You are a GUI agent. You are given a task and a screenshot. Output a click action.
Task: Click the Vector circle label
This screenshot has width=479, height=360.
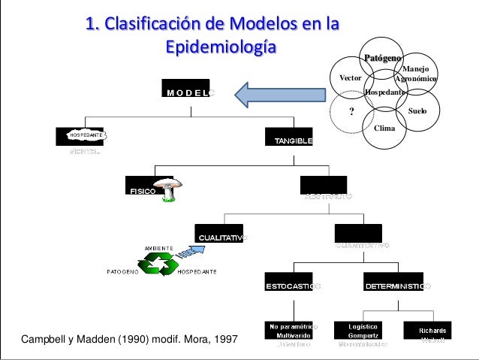coord(351,77)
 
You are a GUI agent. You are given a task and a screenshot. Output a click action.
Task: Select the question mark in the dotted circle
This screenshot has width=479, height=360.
coord(350,110)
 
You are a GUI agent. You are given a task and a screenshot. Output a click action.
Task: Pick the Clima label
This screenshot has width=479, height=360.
coord(384,128)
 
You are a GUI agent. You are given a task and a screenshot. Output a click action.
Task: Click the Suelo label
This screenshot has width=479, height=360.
coord(417,110)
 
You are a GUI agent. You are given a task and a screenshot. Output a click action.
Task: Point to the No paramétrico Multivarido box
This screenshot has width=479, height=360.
coord(289,331)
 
